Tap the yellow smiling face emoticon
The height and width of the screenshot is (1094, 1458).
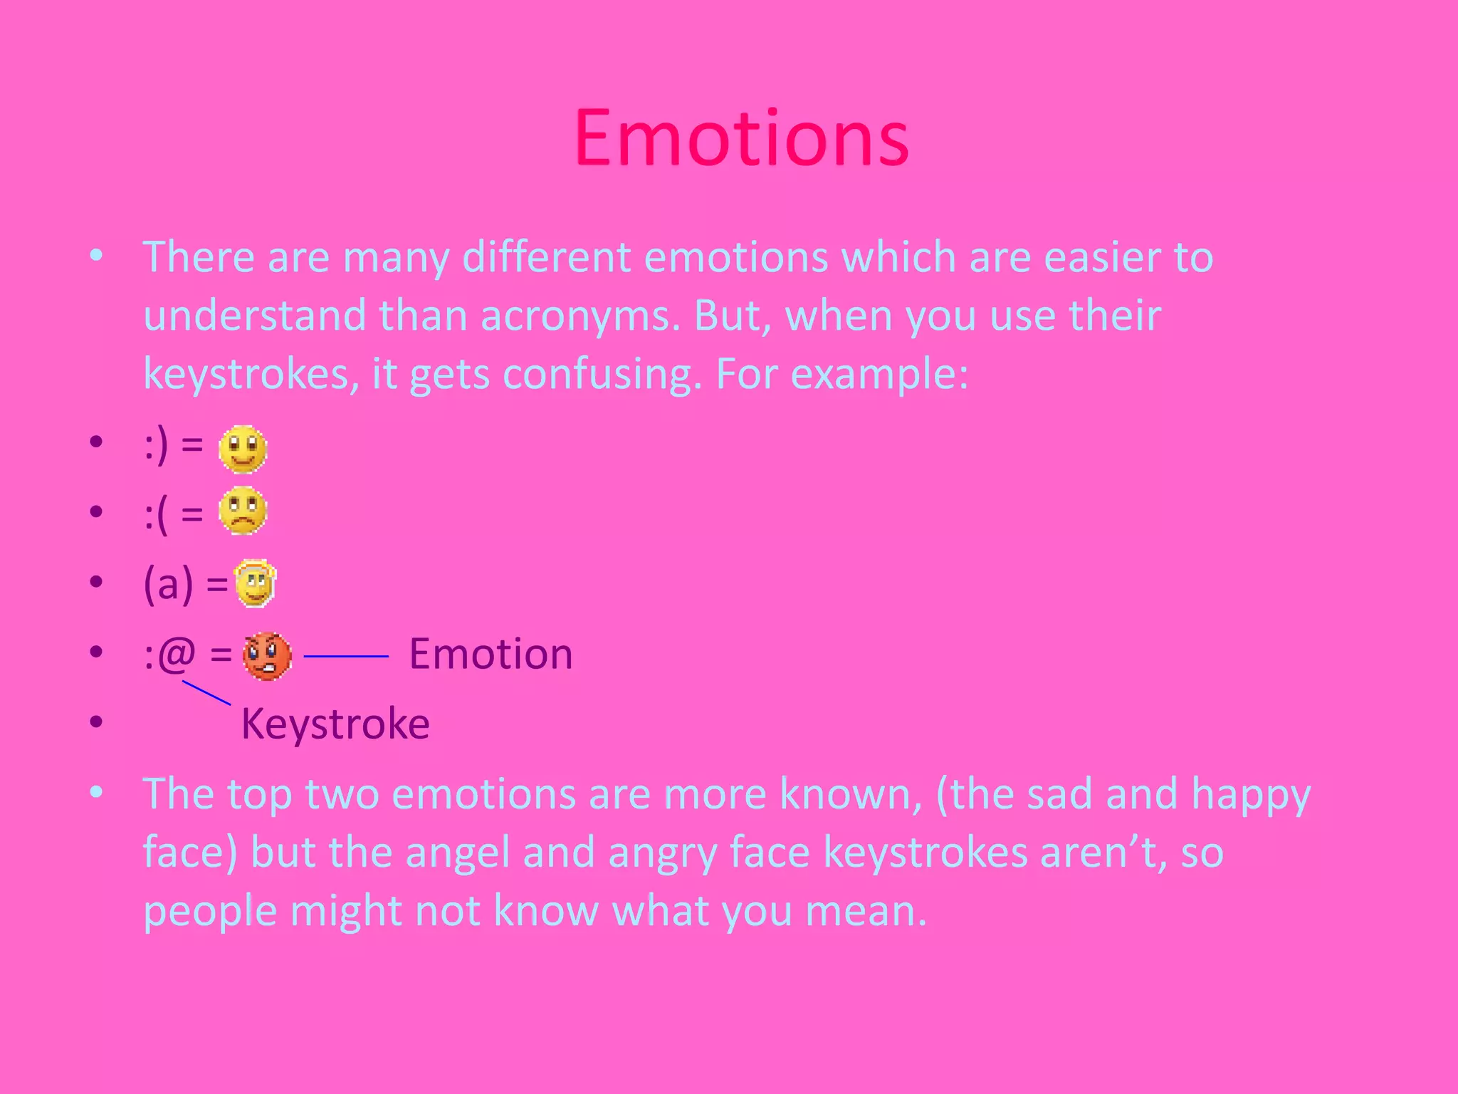243,449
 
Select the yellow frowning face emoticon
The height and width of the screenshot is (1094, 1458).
243,511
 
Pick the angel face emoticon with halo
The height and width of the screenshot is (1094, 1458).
255,583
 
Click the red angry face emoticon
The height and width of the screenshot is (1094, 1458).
267,656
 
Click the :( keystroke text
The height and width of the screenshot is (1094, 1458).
157,514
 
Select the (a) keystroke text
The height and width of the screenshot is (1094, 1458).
168,584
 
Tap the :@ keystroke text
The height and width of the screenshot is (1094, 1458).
169,654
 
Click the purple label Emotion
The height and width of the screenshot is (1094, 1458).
491,654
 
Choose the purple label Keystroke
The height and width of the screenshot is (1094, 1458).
335,724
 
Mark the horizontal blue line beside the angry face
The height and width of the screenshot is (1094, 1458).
346,656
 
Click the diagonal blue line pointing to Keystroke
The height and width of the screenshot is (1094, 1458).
206,693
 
